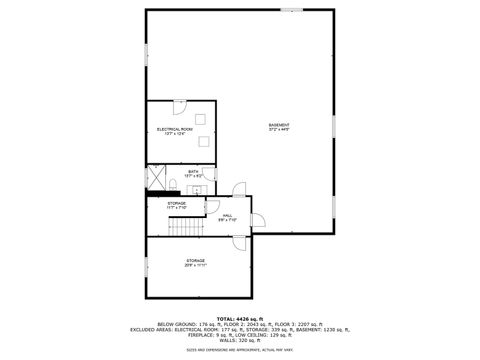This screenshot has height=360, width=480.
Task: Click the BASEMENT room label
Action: (278, 125)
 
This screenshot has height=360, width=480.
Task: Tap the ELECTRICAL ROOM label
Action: (174, 129)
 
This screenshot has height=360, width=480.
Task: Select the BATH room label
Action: (193, 172)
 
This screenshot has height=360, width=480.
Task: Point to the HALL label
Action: (228, 215)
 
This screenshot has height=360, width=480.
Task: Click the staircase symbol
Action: (183, 227)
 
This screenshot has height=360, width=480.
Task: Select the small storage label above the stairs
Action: (177, 204)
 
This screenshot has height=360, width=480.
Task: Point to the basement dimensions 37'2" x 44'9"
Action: (278, 131)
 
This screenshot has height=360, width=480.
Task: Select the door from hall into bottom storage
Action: (238, 243)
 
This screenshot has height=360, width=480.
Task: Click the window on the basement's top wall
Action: (292, 11)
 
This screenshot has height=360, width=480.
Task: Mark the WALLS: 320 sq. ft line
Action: (240, 340)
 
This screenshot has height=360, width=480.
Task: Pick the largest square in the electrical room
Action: (205, 139)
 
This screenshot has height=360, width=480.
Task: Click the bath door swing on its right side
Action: (238, 189)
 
